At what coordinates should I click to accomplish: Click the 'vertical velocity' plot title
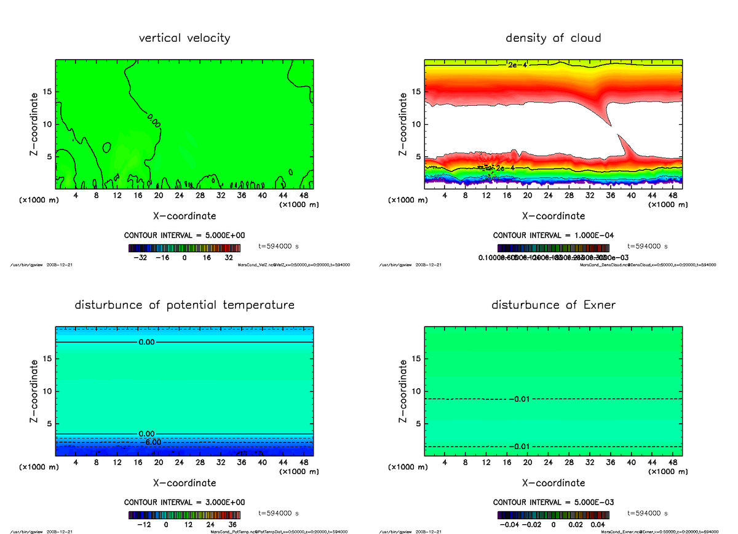(x=184, y=38)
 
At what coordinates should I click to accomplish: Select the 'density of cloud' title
(x=553, y=38)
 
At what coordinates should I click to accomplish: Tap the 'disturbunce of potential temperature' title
(x=184, y=305)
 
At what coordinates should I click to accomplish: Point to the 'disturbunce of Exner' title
(x=553, y=305)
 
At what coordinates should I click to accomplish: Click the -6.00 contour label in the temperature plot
(x=149, y=442)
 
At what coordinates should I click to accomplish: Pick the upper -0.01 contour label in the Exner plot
(x=520, y=399)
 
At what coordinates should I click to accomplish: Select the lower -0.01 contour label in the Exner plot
(x=520, y=447)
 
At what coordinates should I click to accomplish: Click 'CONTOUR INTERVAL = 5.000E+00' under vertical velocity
(x=184, y=236)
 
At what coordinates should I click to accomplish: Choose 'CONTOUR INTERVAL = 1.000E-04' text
(x=553, y=236)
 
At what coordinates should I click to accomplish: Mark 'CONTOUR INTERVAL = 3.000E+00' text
(x=184, y=502)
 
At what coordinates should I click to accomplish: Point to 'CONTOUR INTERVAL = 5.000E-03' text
(x=553, y=502)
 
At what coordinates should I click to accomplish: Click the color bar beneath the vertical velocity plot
(x=184, y=248)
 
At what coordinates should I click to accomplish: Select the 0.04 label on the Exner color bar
(x=596, y=525)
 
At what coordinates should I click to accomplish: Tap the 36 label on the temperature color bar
(x=232, y=525)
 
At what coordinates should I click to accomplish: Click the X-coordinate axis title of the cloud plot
(x=553, y=216)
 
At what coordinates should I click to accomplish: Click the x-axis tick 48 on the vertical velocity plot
(x=304, y=196)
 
